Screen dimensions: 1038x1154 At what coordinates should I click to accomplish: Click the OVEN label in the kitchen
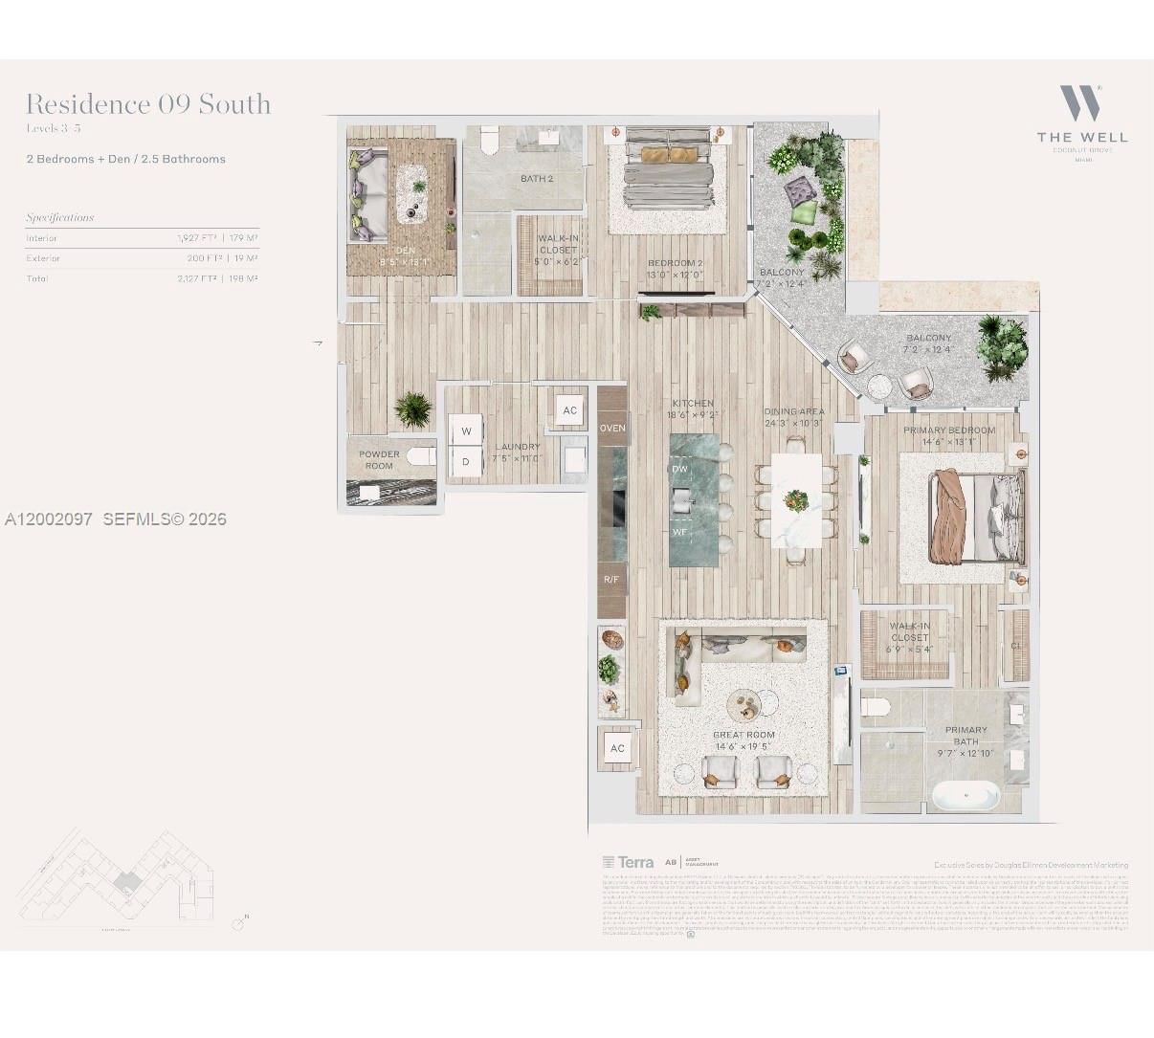pos(612,428)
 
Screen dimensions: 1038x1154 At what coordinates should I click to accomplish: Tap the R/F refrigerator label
pos(611,580)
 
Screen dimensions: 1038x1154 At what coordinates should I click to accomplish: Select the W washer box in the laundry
pos(466,431)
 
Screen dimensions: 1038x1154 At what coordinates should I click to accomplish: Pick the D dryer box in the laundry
pos(466,461)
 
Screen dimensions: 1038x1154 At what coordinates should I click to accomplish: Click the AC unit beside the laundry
pos(569,410)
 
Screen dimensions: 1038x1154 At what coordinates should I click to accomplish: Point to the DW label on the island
pos(679,470)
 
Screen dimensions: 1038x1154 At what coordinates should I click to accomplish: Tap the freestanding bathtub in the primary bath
pos(965,796)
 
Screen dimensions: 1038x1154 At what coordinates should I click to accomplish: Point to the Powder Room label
pos(379,460)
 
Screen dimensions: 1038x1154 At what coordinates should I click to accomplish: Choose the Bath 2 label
pos(537,178)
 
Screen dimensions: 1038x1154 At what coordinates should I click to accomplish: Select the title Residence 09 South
pos(148,104)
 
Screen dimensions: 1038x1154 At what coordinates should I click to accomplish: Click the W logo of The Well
pos(1081,103)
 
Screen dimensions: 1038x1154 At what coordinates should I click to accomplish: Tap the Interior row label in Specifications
pos(42,238)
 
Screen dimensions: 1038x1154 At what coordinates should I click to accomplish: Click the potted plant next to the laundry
pos(413,409)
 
